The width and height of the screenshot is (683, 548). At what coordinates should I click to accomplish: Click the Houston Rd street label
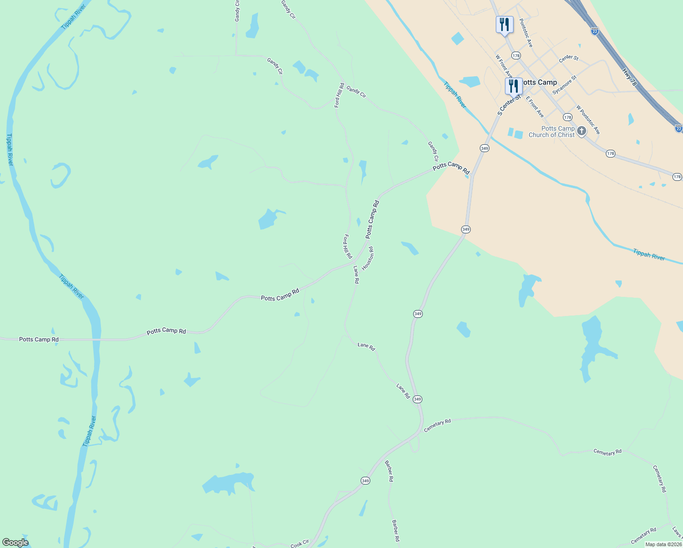(368, 258)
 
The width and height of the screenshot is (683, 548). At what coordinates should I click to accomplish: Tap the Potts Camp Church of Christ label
(552, 132)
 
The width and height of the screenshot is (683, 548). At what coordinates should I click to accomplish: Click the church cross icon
(581, 131)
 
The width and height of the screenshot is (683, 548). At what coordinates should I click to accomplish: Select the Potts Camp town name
(540, 83)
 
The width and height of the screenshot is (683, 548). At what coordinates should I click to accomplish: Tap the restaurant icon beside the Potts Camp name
(514, 85)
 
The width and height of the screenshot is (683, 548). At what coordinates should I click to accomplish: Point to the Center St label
(568, 58)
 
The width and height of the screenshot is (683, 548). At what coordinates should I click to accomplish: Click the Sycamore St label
(565, 85)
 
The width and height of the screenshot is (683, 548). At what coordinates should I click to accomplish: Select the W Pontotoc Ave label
(588, 120)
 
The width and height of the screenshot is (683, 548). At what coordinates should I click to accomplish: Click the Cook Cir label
(299, 543)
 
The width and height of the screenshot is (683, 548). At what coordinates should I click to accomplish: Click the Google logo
(15, 543)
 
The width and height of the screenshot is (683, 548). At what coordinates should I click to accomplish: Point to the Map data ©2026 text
(663, 544)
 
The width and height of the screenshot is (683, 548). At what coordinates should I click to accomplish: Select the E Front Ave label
(535, 106)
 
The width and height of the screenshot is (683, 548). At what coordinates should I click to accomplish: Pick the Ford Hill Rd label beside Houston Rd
(347, 247)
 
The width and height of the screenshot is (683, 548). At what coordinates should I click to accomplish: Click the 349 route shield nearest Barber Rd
(365, 481)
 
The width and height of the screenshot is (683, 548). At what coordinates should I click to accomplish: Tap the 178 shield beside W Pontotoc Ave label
(567, 117)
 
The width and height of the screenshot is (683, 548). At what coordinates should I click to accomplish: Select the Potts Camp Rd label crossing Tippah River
(39, 340)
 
